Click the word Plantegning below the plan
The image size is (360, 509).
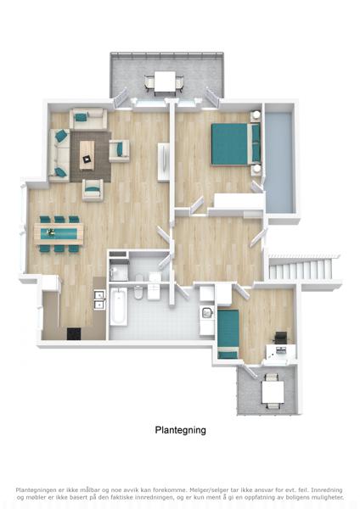tap(180, 430)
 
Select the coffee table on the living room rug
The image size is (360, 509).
tap(87, 155)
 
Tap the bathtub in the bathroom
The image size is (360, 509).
tap(119, 306)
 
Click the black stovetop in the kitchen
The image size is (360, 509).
tap(74, 333)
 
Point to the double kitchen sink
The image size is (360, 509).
tap(99, 299)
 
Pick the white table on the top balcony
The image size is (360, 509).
tap(165, 81)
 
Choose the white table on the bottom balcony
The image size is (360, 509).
tap(273, 391)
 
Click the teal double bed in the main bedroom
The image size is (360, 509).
tap(236, 144)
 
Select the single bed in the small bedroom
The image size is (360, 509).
tap(228, 333)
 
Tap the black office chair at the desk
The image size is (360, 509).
tap(280, 338)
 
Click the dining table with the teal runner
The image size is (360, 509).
tap(59, 233)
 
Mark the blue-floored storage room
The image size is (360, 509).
tap(278, 162)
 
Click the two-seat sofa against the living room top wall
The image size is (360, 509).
tap(88, 118)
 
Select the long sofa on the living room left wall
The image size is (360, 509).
tap(59, 154)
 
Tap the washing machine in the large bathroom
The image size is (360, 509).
tap(207, 314)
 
